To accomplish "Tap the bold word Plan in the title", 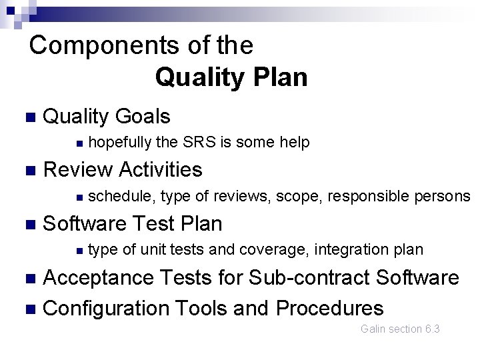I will point(279,78).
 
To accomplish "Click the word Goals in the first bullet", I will point(142,117).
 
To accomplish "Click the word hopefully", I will point(119,143).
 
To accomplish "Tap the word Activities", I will point(161,170).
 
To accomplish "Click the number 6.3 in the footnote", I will point(432,329).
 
